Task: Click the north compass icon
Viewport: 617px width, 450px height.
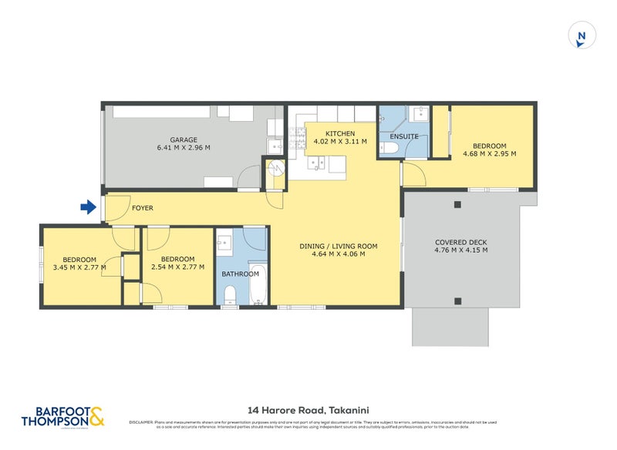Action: (x=582, y=35)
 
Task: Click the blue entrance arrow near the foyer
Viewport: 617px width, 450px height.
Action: (x=88, y=207)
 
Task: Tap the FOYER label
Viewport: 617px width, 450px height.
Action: (x=143, y=208)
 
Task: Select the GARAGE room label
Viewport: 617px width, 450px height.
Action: (x=184, y=139)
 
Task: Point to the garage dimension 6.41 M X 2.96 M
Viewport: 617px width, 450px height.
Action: (x=184, y=148)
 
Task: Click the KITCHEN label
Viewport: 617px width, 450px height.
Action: (x=339, y=134)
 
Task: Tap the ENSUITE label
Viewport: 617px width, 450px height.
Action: (x=404, y=136)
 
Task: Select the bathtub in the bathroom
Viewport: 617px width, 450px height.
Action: (x=257, y=284)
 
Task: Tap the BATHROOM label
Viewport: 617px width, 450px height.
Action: (x=240, y=274)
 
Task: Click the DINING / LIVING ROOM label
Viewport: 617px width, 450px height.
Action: (x=339, y=247)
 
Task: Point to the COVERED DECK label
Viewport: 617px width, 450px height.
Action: (x=460, y=242)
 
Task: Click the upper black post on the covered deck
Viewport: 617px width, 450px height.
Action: (x=457, y=205)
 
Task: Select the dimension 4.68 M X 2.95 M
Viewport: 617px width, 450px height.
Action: (x=489, y=154)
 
